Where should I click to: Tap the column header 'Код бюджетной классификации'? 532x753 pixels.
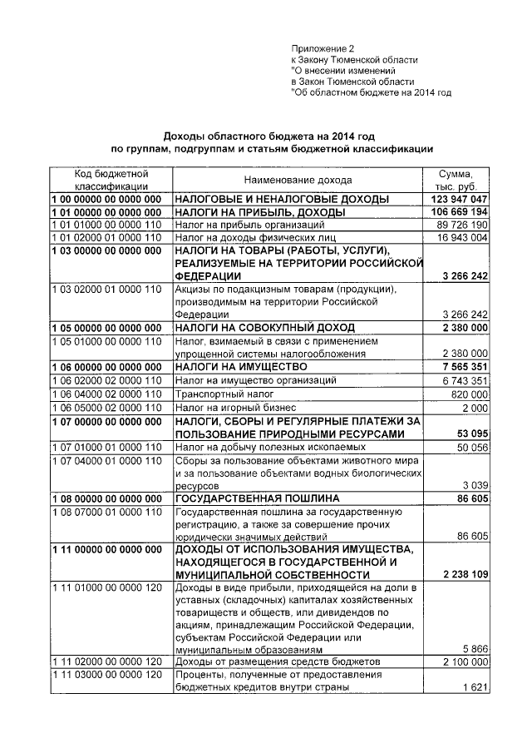pyautogui.click(x=111, y=180)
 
